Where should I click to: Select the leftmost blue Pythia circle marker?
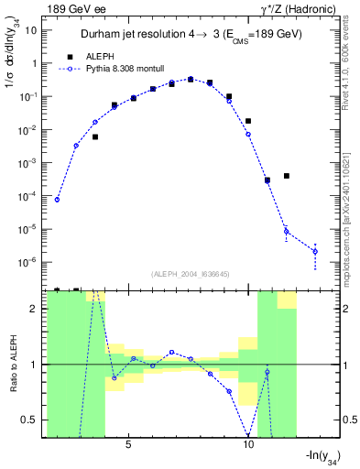click(x=57, y=199)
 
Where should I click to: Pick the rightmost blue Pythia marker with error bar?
click(x=315, y=251)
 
